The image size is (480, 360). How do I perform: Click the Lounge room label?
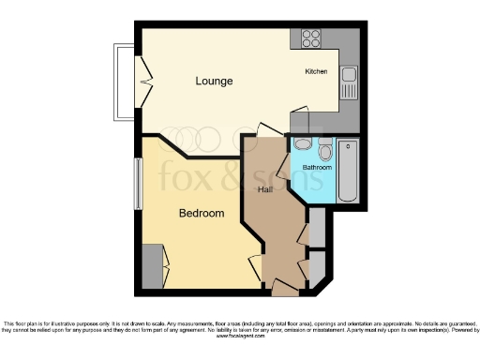click(214, 81)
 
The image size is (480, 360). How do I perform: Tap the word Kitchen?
click(315, 72)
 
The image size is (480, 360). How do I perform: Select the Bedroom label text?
click(202, 214)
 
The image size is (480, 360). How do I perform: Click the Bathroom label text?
click(317, 168)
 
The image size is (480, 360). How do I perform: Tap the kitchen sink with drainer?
click(349, 82)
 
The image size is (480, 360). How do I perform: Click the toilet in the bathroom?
click(324, 150)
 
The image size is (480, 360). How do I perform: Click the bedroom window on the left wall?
click(138, 184)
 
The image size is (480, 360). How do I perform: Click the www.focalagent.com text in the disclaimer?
click(241, 337)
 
